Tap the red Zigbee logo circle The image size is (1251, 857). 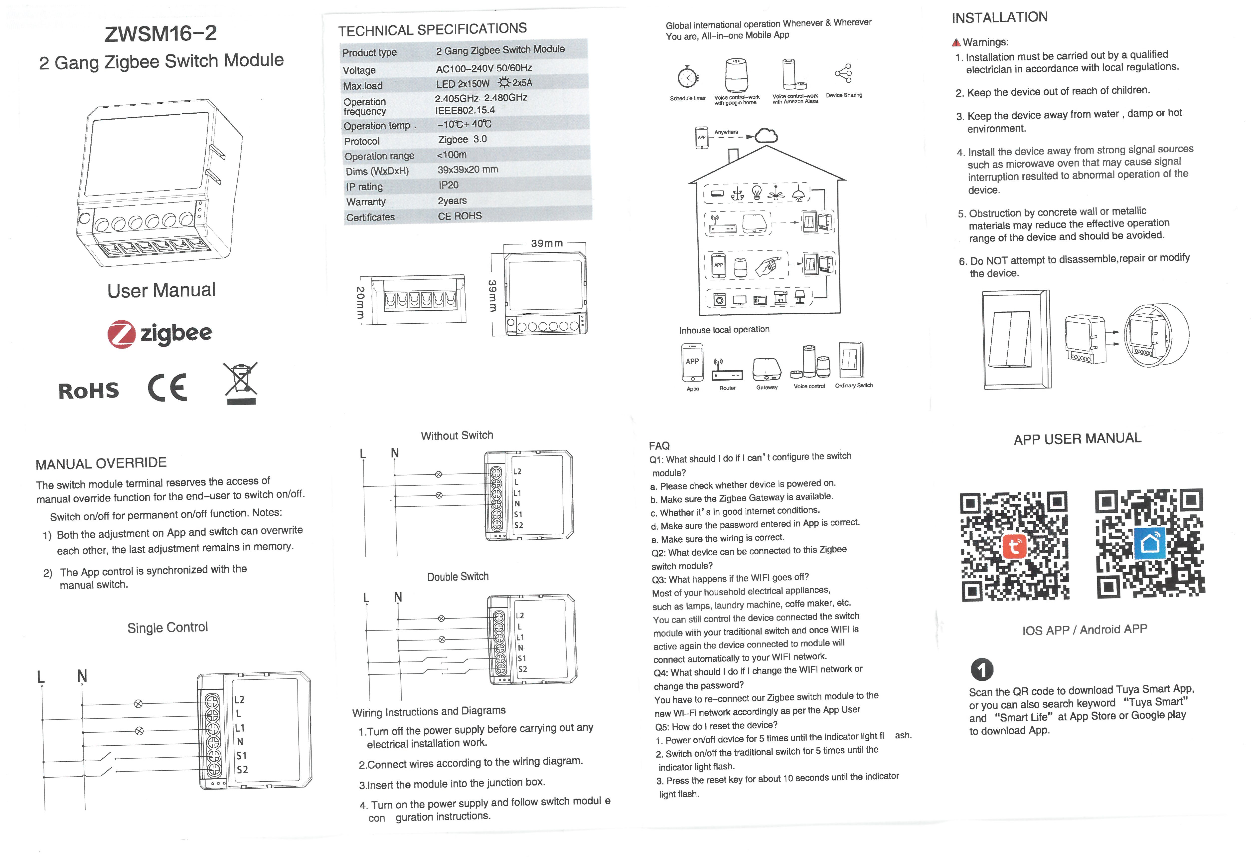click(x=121, y=335)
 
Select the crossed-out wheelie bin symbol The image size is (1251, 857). click(x=241, y=383)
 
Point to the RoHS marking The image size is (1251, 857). click(x=89, y=391)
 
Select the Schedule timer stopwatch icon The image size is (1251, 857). click(x=688, y=78)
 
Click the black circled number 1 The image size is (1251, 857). click(x=982, y=669)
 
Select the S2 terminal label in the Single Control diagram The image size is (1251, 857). click(x=242, y=770)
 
